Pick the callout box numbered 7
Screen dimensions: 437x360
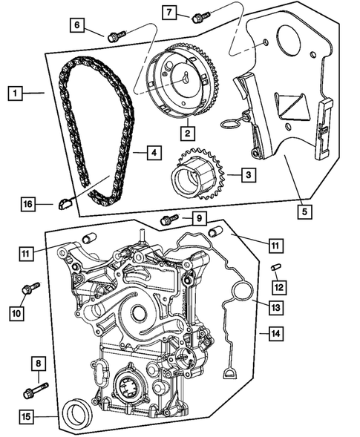coord(169,12)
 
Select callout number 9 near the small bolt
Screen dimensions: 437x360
coord(199,219)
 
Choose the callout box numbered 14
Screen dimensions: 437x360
coord(275,333)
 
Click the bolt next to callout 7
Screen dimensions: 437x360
coord(197,16)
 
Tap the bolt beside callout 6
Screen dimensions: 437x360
coord(114,33)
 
